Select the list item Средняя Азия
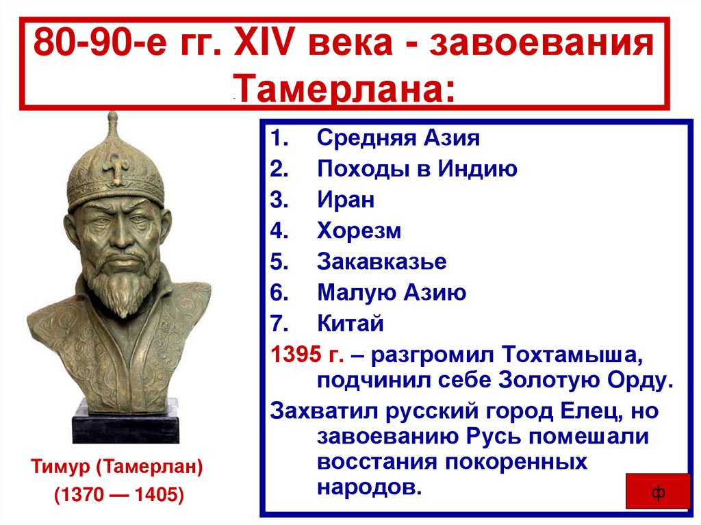[398, 138]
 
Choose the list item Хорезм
[359, 231]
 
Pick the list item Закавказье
[382, 261]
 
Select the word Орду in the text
[634, 381]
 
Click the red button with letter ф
[657, 493]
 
